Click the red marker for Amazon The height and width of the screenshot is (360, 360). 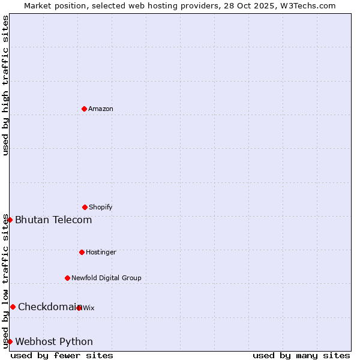84,109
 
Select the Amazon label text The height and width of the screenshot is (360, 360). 101,109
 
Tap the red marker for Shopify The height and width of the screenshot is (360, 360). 85,207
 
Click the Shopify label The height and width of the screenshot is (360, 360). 101,208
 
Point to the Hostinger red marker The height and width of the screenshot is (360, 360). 82,252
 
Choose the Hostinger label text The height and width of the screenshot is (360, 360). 101,253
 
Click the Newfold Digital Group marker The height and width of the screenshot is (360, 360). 67,278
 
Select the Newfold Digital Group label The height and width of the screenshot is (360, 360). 106,278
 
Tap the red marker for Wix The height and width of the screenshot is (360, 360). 79,308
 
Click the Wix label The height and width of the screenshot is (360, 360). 89,308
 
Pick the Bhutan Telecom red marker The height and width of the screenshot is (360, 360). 10,220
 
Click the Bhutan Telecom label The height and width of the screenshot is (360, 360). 53,220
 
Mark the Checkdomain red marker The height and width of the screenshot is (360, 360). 13,307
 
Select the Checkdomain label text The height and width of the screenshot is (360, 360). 49,307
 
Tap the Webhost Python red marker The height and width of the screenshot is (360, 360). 10,341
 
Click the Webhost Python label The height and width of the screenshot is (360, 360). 54,342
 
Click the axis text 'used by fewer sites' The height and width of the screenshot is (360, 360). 62,356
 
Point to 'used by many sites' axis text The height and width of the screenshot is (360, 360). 301,356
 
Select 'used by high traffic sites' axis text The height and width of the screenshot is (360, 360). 6,85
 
